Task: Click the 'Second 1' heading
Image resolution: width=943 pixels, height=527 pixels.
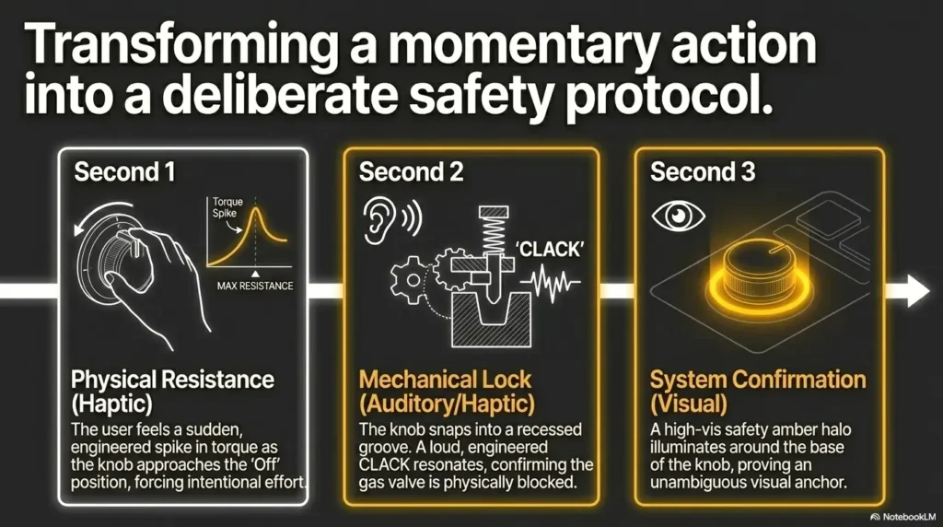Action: pyautogui.click(x=124, y=172)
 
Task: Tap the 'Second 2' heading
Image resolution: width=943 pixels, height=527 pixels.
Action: pyautogui.click(x=412, y=172)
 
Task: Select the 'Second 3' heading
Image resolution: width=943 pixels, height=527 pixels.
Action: pyautogui.click(x=703, y=172)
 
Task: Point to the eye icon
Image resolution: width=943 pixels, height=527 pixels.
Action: pyautogui.click(x=679, y=216)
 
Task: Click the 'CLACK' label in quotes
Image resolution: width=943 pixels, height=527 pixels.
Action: pyautogui.click(x=550, y=249)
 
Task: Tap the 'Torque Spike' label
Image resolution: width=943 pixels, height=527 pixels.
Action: pyautogui.click(x=227, y=207)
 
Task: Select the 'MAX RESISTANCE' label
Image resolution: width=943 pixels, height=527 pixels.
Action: pyautogui.click(x=255, y=286)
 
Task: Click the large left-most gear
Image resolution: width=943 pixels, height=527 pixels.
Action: pyautogui.click(x=413, y=279)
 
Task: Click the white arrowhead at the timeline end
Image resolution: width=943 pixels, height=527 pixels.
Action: pyautogui.click(x=917, y=290)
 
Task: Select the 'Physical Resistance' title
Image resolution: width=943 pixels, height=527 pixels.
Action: pyautogui.click(x=172, y=380)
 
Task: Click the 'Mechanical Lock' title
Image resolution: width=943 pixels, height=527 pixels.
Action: pyautogui.click(x=445, y=380)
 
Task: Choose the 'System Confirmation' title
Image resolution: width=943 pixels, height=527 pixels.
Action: pyautogui.click(x=758, y=380)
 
